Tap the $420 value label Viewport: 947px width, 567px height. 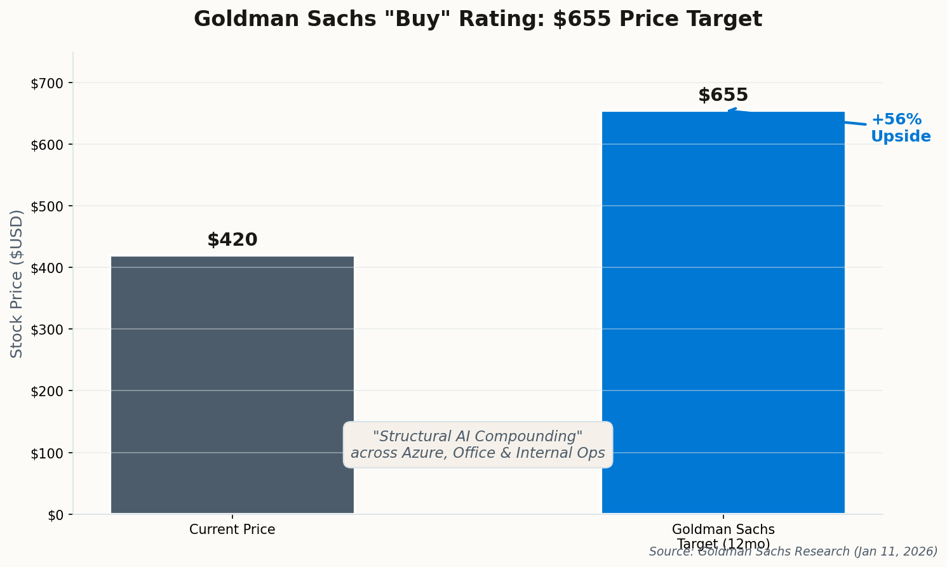pos(232,240)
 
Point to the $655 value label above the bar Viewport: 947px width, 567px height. pos(723,95)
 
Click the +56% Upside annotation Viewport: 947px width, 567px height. pos(900,128)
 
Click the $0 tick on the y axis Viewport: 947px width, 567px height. pos(55,515)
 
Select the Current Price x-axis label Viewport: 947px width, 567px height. pos(232,530)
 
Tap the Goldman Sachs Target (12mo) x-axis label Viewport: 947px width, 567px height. pos(723,537)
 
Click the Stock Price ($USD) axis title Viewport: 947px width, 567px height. pos(17,283)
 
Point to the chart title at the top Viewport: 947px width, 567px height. pos(478,19)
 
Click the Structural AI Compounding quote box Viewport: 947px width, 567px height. pos(478,444)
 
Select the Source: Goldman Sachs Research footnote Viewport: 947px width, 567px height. pos(793,552)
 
